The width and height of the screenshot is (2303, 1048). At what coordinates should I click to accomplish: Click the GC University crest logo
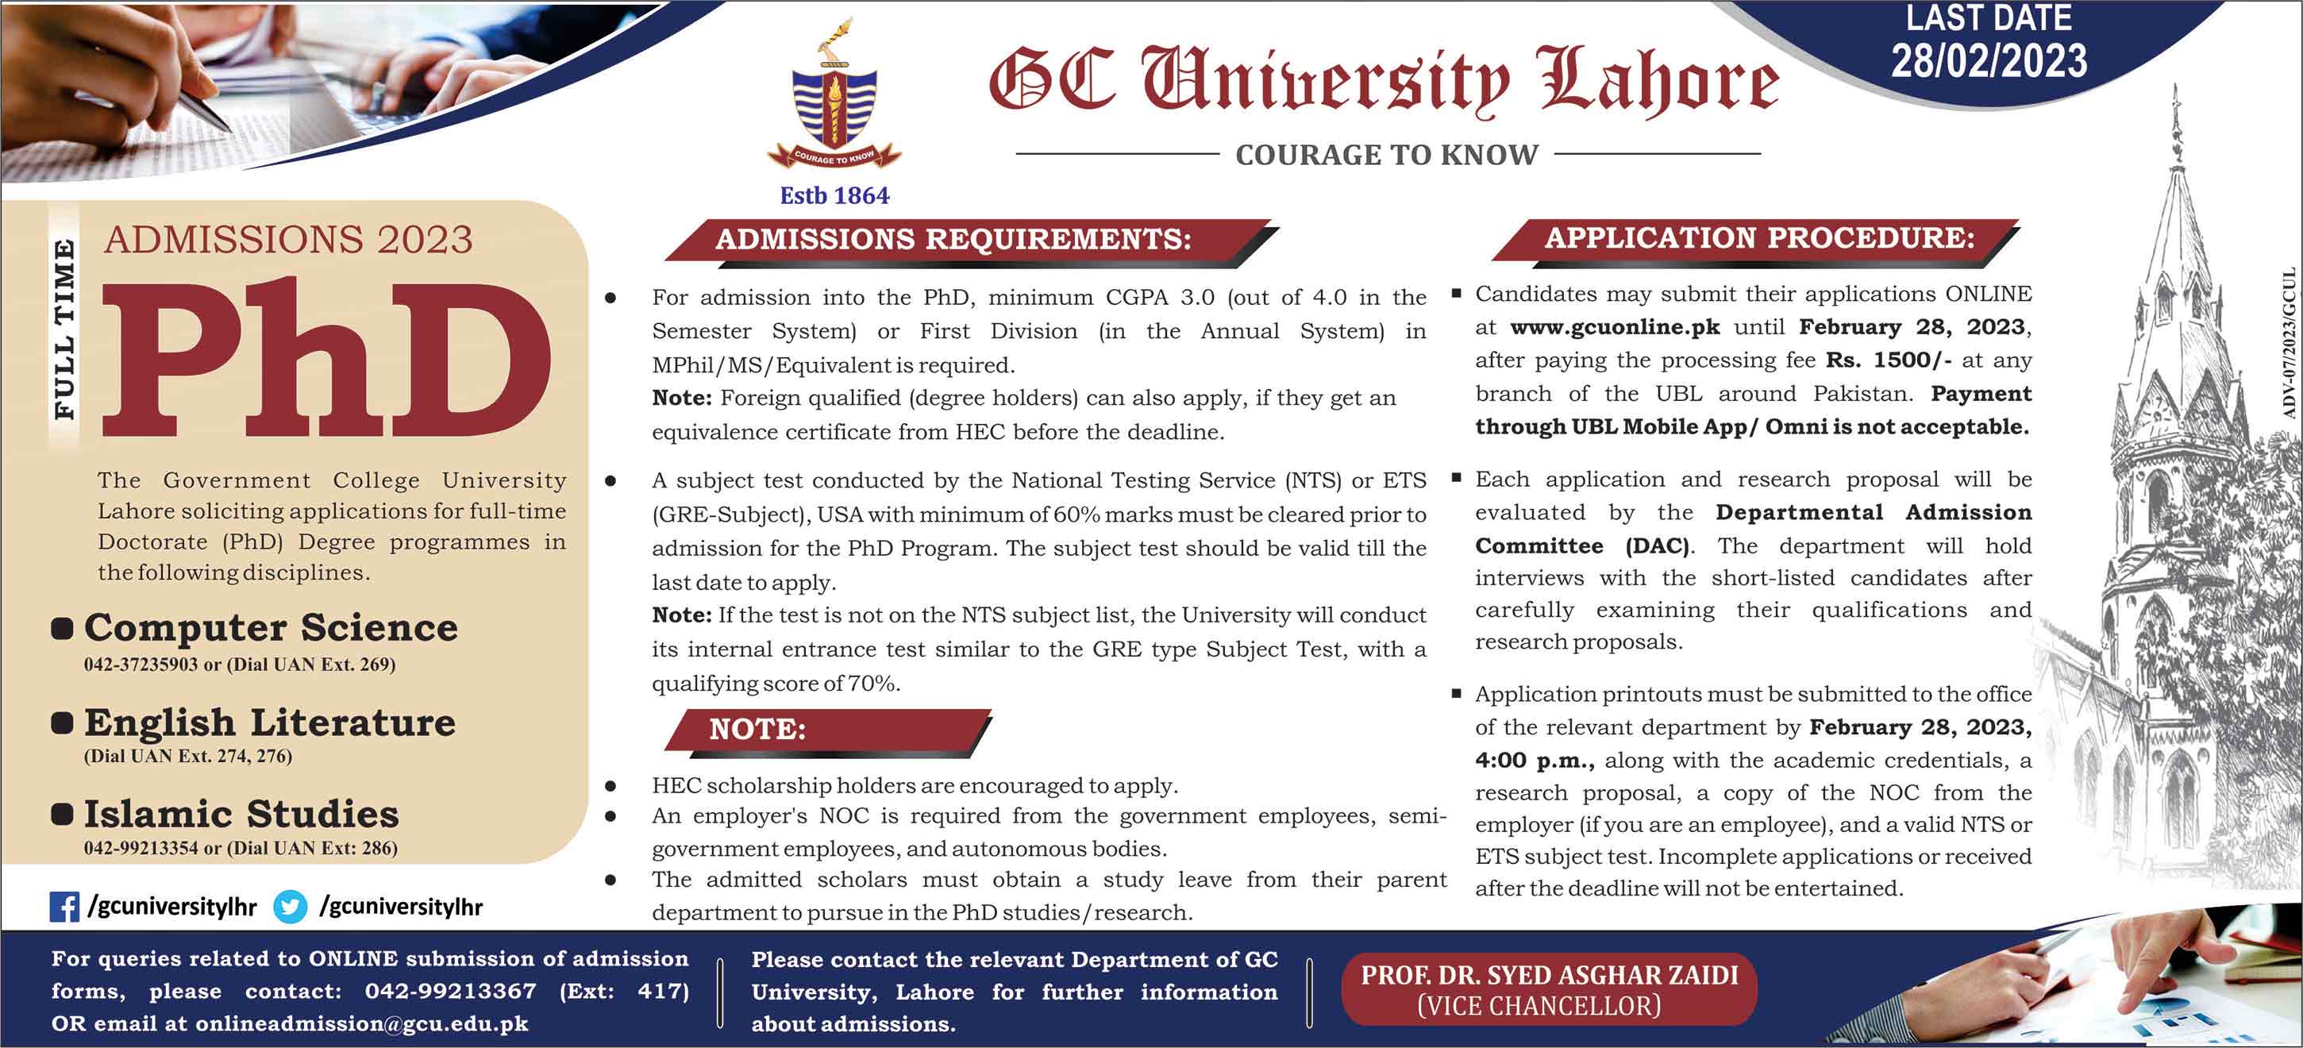[835, 98]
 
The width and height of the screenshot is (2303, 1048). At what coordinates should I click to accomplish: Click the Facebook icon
[64, 907]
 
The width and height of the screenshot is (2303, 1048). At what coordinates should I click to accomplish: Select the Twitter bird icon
[290, 907]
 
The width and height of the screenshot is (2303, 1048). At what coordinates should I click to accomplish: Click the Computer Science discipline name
[270, 628]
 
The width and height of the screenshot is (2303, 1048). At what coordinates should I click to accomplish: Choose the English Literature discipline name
[269, 722]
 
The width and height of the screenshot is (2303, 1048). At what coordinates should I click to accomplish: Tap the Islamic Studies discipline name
[241, 815]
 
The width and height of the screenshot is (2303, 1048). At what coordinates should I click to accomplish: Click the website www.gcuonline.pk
[1615, 327]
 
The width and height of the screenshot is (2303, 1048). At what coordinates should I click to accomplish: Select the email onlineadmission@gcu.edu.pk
[361, 1024]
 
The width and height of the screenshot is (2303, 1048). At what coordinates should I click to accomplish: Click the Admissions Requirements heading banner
[953, 240]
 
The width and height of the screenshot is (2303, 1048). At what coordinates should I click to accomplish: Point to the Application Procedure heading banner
[1759, 238]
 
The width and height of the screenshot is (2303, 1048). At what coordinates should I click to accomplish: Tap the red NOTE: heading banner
[757, 730]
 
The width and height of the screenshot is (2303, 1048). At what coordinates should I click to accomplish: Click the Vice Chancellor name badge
[1549, 990]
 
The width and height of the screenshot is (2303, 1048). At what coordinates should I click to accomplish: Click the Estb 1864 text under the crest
[834, 196]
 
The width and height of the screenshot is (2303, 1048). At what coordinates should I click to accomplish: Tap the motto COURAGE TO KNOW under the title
[1387, 156]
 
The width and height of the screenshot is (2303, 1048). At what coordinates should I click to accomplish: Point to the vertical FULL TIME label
[64, 329]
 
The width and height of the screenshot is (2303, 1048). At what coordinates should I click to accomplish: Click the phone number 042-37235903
[141, 665]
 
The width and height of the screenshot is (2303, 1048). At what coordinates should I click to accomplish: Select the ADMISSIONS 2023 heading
[288, 240]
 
